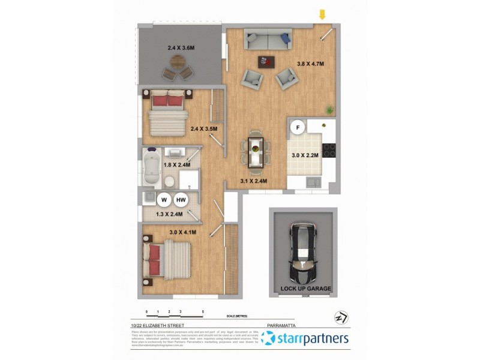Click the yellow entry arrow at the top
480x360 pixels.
click(322, 14)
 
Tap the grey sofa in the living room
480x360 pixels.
click(268, 40)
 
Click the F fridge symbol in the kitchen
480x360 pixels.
click(296, 127)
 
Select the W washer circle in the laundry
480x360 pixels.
click(163, 200)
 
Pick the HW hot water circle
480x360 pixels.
click(181, 200)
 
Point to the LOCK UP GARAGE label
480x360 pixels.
click(305, 289)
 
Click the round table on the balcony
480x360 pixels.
click(178, 61)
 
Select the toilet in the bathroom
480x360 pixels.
click(170, 179)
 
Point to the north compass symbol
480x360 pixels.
click(340, 317)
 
